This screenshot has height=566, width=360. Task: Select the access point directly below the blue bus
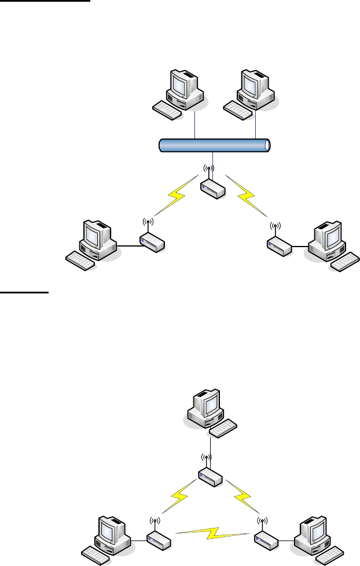pyautogui.click(x=212, y=189)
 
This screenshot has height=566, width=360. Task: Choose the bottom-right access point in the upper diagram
pyautogui.click(x=280, y=247)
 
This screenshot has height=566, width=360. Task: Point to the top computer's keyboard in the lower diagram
pyautogui.click(x=223, y=428)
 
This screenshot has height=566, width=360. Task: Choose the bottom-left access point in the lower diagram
pyautogui.click(x=156, y=541)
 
